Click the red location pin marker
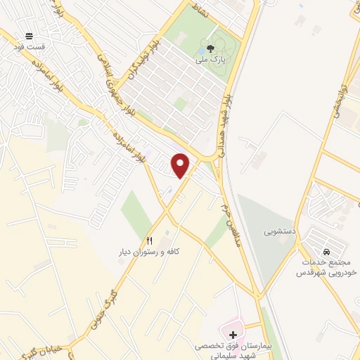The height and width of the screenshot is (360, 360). (181, 165)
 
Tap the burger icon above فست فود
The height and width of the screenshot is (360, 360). (29, 36)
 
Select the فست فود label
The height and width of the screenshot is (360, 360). (29, 46)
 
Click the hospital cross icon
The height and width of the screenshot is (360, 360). (233, 333)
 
